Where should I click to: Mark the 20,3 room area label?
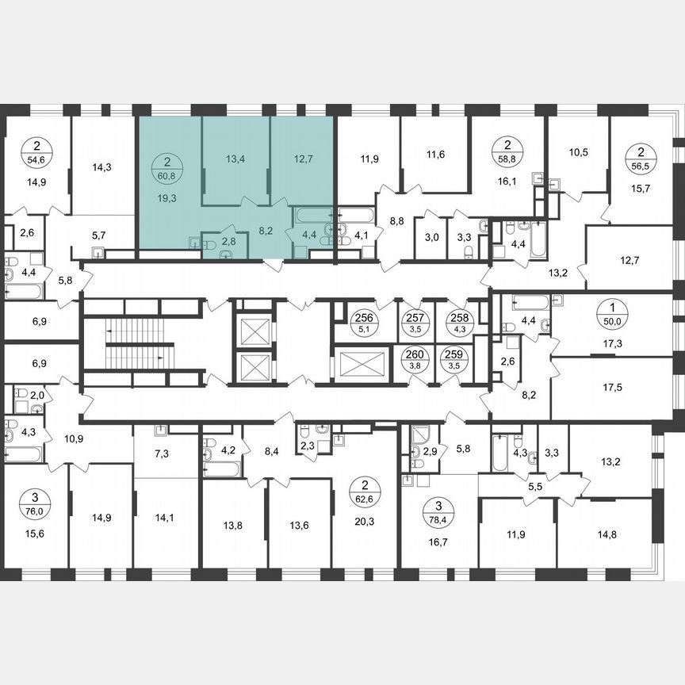pos(365,522)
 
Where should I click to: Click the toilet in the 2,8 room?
pos(225,252)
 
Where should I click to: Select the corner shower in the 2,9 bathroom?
pos(417,435)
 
